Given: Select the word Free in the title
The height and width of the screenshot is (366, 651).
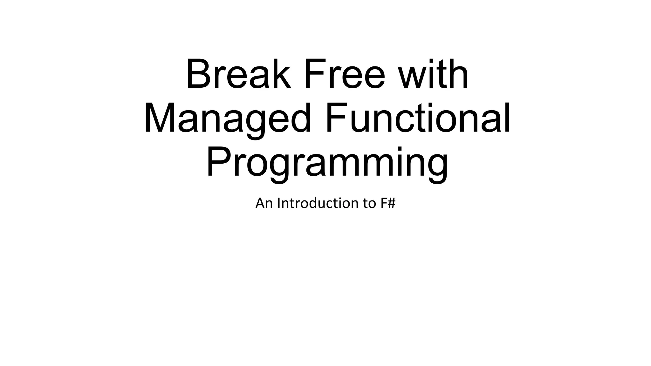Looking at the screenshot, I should point(345,74).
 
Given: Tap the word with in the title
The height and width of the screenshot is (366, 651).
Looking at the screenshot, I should point(434,74).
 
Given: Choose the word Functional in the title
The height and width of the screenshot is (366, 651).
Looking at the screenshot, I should point(417,118).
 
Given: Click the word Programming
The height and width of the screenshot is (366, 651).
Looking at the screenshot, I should point(327,163).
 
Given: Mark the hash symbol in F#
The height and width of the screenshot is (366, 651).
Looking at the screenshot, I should point(391,203).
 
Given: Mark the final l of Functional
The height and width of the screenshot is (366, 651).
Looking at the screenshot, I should point(508,118).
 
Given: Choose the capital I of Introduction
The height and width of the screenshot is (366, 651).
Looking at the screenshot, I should point(278,203).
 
